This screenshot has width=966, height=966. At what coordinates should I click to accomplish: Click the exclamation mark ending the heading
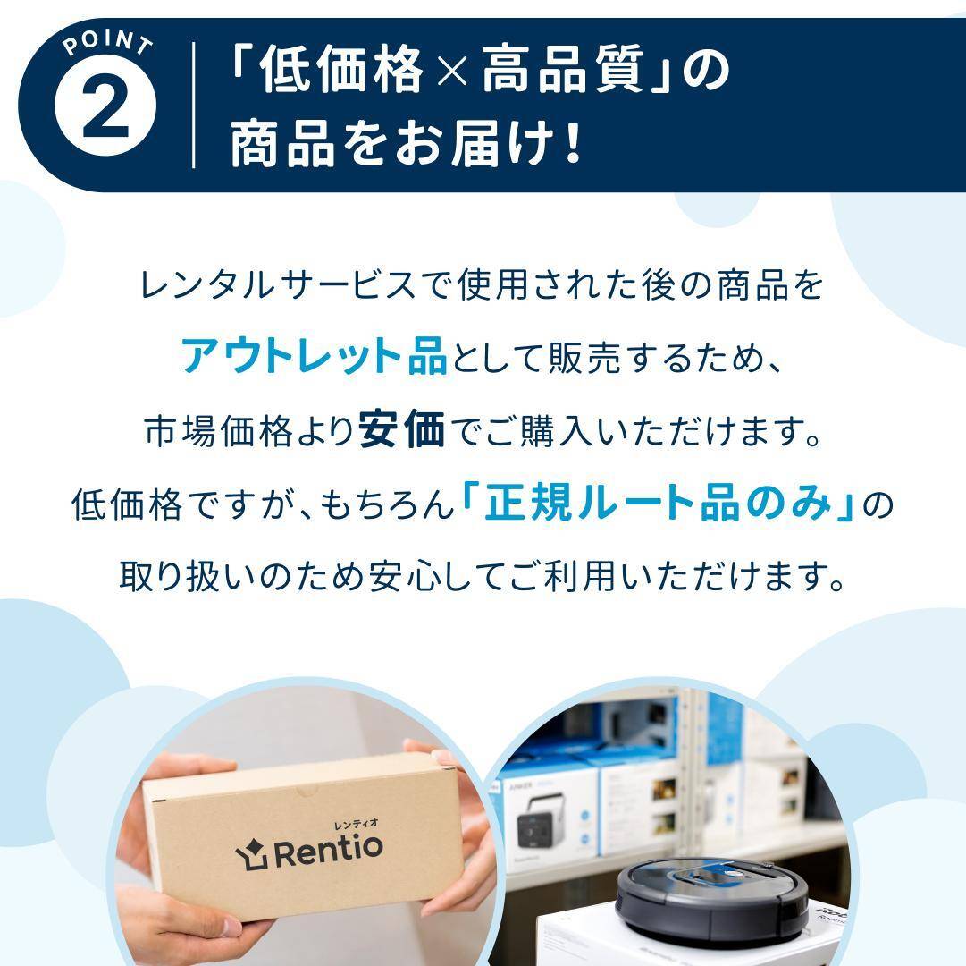click(x=573, y=144)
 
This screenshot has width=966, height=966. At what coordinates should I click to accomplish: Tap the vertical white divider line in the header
click(x=194, y=105)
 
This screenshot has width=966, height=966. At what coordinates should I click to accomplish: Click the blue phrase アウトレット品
click(x=313, y=357)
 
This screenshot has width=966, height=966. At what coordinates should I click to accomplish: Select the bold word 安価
click(x=401, y=431)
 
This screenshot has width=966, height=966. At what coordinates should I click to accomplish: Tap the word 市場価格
click(x=219, y=432)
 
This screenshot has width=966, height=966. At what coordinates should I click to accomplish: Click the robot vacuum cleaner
click(x=711, y=889)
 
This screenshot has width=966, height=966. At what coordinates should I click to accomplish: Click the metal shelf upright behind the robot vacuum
click(x=689, y=769)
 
